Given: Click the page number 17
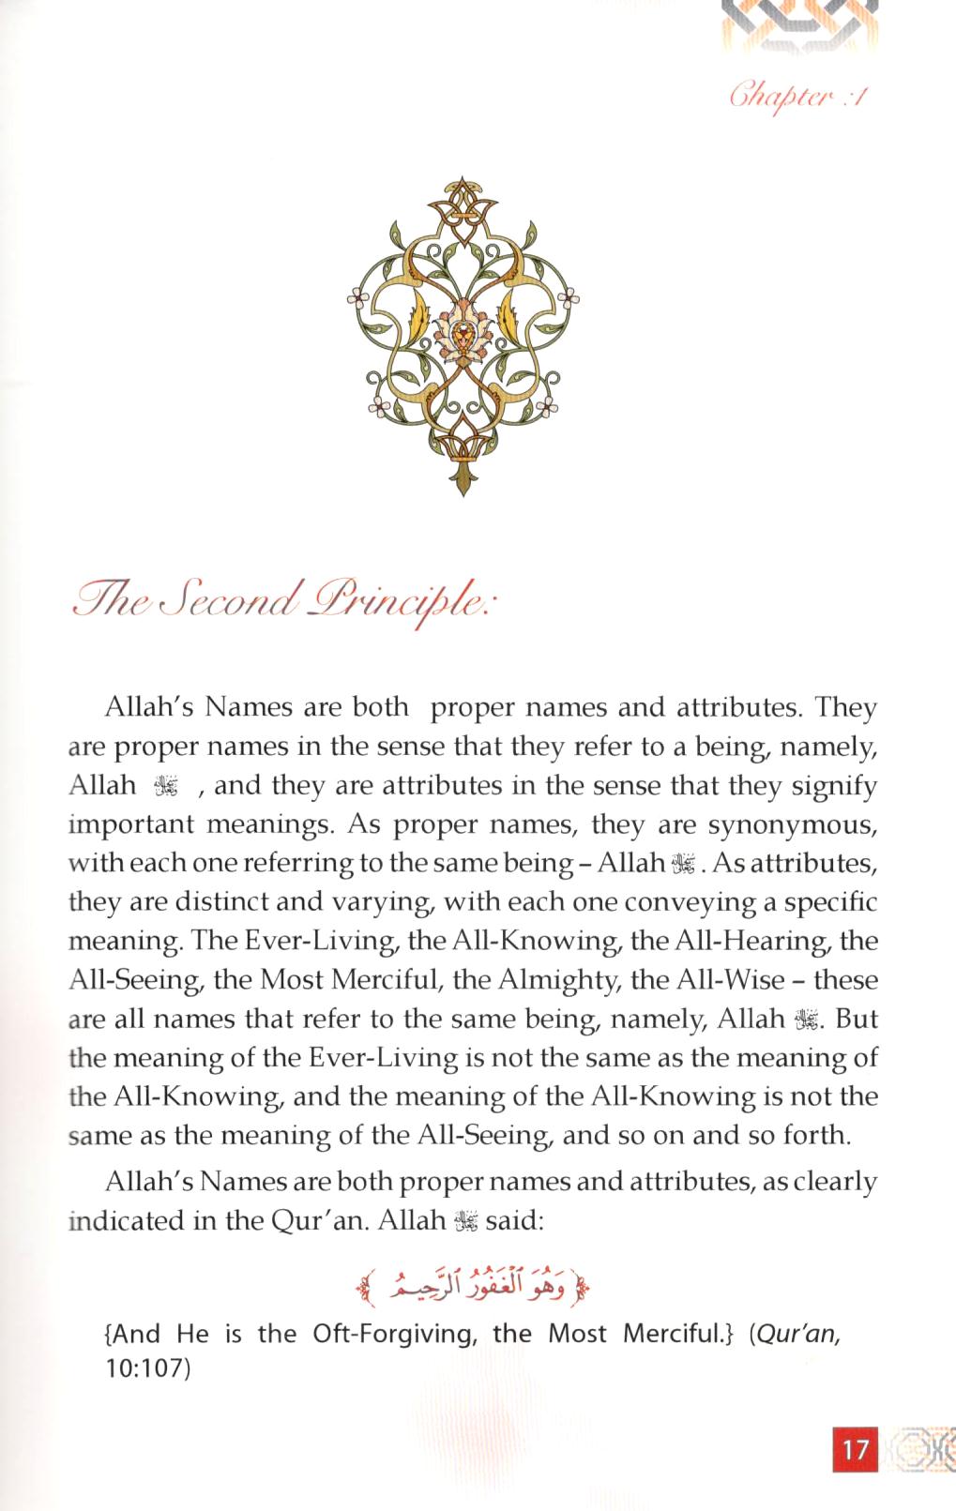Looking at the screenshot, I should point(855,1448).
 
